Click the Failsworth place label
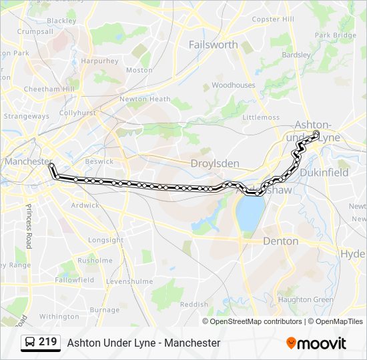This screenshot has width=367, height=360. [x=213, y=45]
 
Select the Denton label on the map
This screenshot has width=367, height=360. [x=280, y=241]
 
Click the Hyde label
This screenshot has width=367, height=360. [x=353, y=254]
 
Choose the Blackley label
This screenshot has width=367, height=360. [x=61, y=21]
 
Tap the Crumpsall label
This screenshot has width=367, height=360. [x=35, y=31]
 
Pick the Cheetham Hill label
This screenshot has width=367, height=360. [x=49, y=89]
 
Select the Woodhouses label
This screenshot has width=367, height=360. [x=234, y=85]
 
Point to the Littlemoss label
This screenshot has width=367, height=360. [x=261, y=117]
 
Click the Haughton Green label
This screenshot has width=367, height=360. [x=306, y=300]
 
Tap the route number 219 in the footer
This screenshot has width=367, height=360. [x=47, y=342]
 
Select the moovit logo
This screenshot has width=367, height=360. [x=316, y=343]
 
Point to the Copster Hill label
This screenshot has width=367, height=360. [x=272, y=19]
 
